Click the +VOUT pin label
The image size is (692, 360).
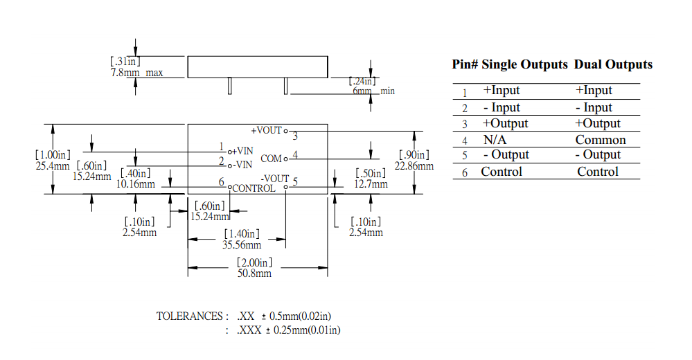(267, 131)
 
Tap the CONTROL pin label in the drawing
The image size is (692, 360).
(254, 188)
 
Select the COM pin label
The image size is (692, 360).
(271, 159)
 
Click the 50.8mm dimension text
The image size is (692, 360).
(254, 273)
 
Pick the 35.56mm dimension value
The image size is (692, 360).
(242, 245)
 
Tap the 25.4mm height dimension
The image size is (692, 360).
(53, 166)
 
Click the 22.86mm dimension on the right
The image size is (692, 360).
(414, 166)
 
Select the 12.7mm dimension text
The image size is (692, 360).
(371, 184)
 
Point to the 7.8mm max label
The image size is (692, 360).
(136, 73)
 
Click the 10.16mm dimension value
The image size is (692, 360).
(136, 184)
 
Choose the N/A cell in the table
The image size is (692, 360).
(495, 140)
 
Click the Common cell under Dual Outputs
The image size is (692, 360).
(601, 140)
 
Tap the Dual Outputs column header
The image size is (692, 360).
(613, 64)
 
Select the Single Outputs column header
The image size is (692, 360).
(525, 64)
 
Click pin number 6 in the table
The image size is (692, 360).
(465, 172)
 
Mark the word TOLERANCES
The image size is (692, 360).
(189, 316)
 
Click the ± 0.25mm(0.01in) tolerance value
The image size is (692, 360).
(303, 330)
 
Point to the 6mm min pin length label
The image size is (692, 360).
(373, 91)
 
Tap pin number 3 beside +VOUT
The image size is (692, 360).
(295, 136)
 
